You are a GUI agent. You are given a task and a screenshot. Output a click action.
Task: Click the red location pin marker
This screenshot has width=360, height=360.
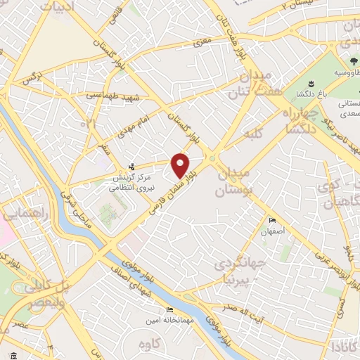pyautogui.click(x=181, y=165)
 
